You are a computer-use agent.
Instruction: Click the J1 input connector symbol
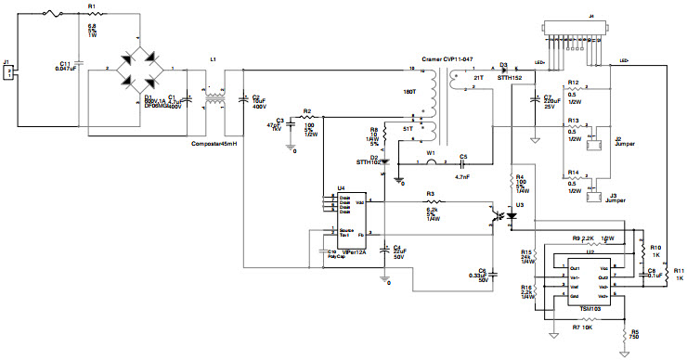coord(8,72)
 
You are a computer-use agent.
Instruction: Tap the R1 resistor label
coord(91,6)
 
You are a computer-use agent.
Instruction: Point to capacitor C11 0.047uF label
coord(66,66)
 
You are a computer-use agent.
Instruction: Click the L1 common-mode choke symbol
coord(214,98)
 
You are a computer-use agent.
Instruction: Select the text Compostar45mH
coord(216,143)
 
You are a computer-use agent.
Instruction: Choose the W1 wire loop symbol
coord(430,161)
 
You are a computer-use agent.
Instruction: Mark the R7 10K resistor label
coord(582,327)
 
